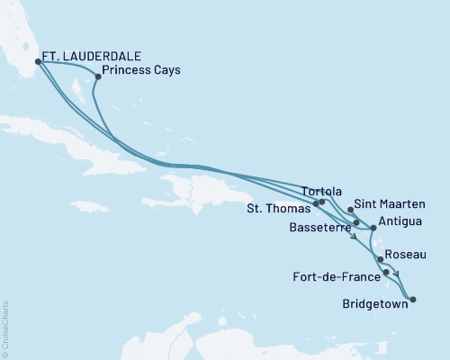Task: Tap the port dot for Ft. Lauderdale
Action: coord(38,62)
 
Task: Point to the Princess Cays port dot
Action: coord(97,76)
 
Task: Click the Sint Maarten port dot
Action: coord(350,209)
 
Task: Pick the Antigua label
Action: coord(400,220)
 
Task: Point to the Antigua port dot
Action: coord(373,228)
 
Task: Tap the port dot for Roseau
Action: coord(381,259)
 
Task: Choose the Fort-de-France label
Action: coord(335,274)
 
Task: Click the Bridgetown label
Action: coord(373,303)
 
